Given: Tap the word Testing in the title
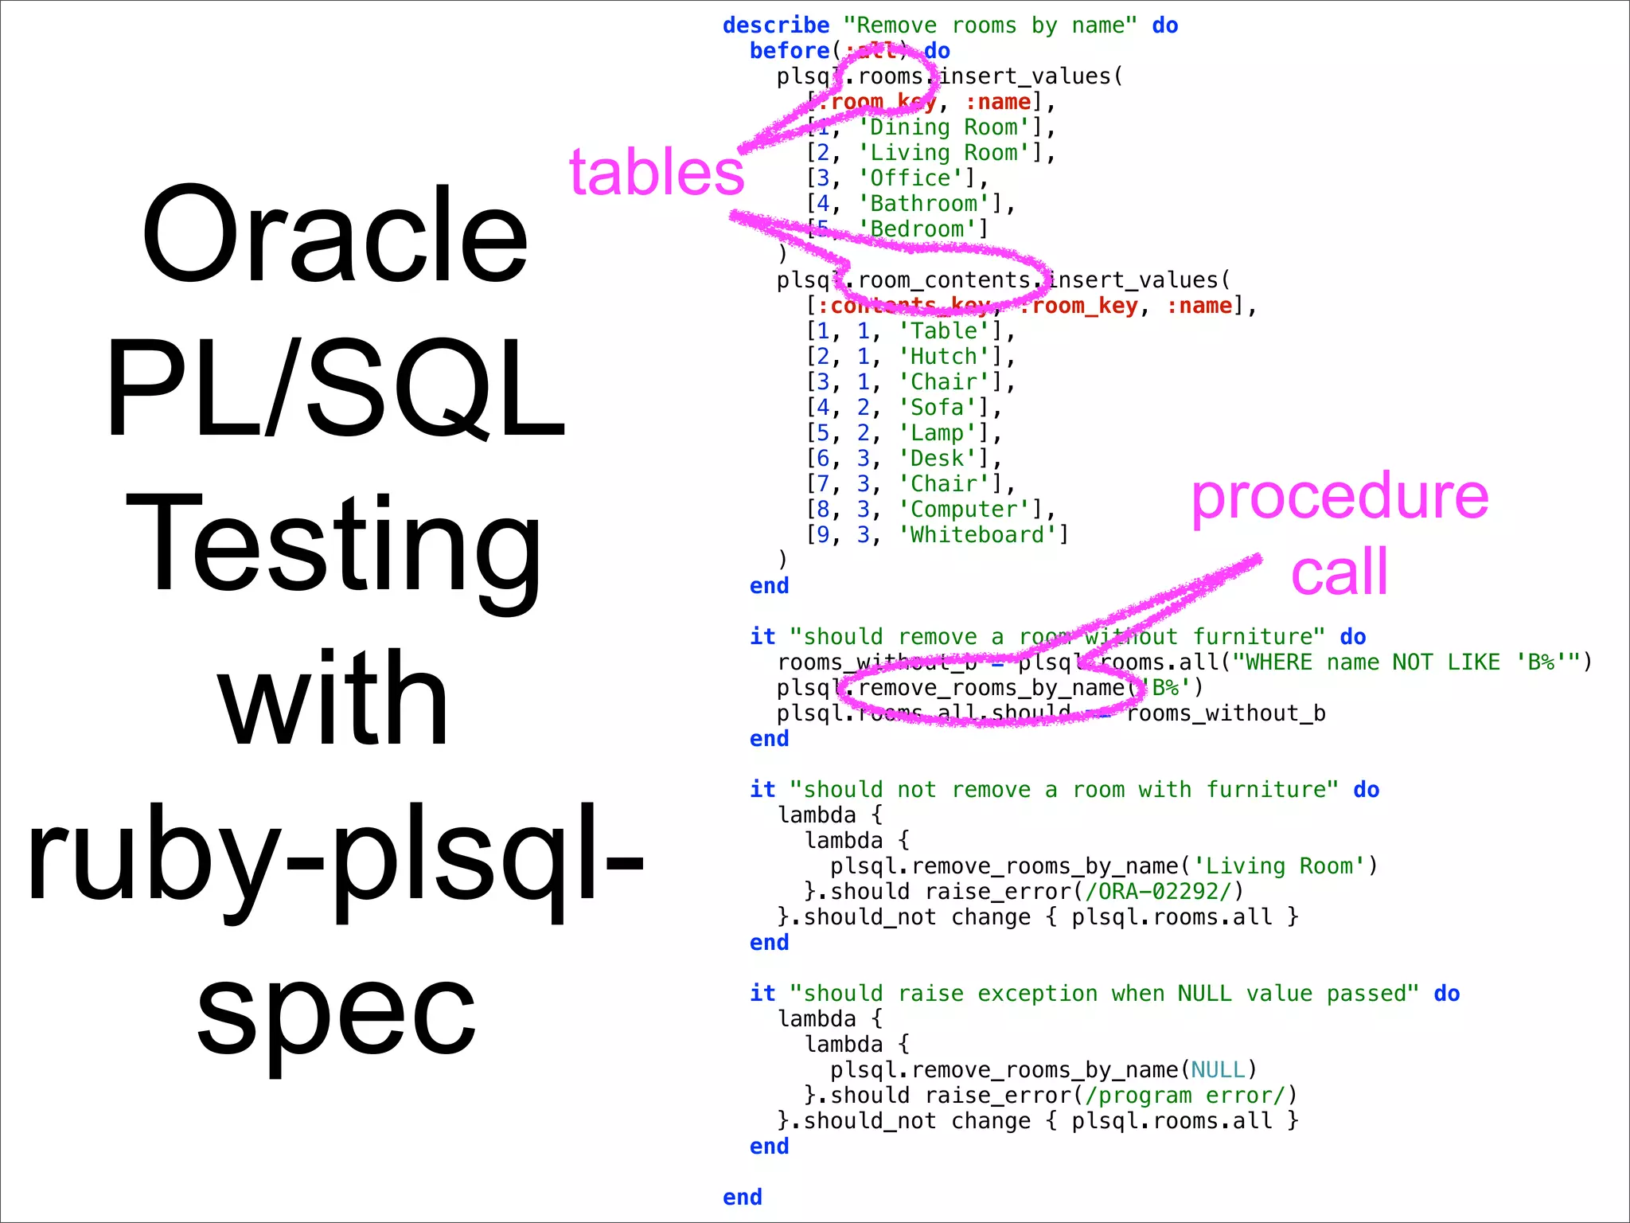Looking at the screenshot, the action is (334, 545).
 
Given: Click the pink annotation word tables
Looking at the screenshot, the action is (657, 173).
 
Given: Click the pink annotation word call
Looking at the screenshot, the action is (1339, 572).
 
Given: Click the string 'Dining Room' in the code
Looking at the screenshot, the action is (944, 127).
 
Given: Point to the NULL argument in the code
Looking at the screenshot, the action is (1218, 1070).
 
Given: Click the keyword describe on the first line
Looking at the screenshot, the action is (776, 25).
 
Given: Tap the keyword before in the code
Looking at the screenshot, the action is (790, 51).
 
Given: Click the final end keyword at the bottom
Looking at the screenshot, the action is (743, 1198).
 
